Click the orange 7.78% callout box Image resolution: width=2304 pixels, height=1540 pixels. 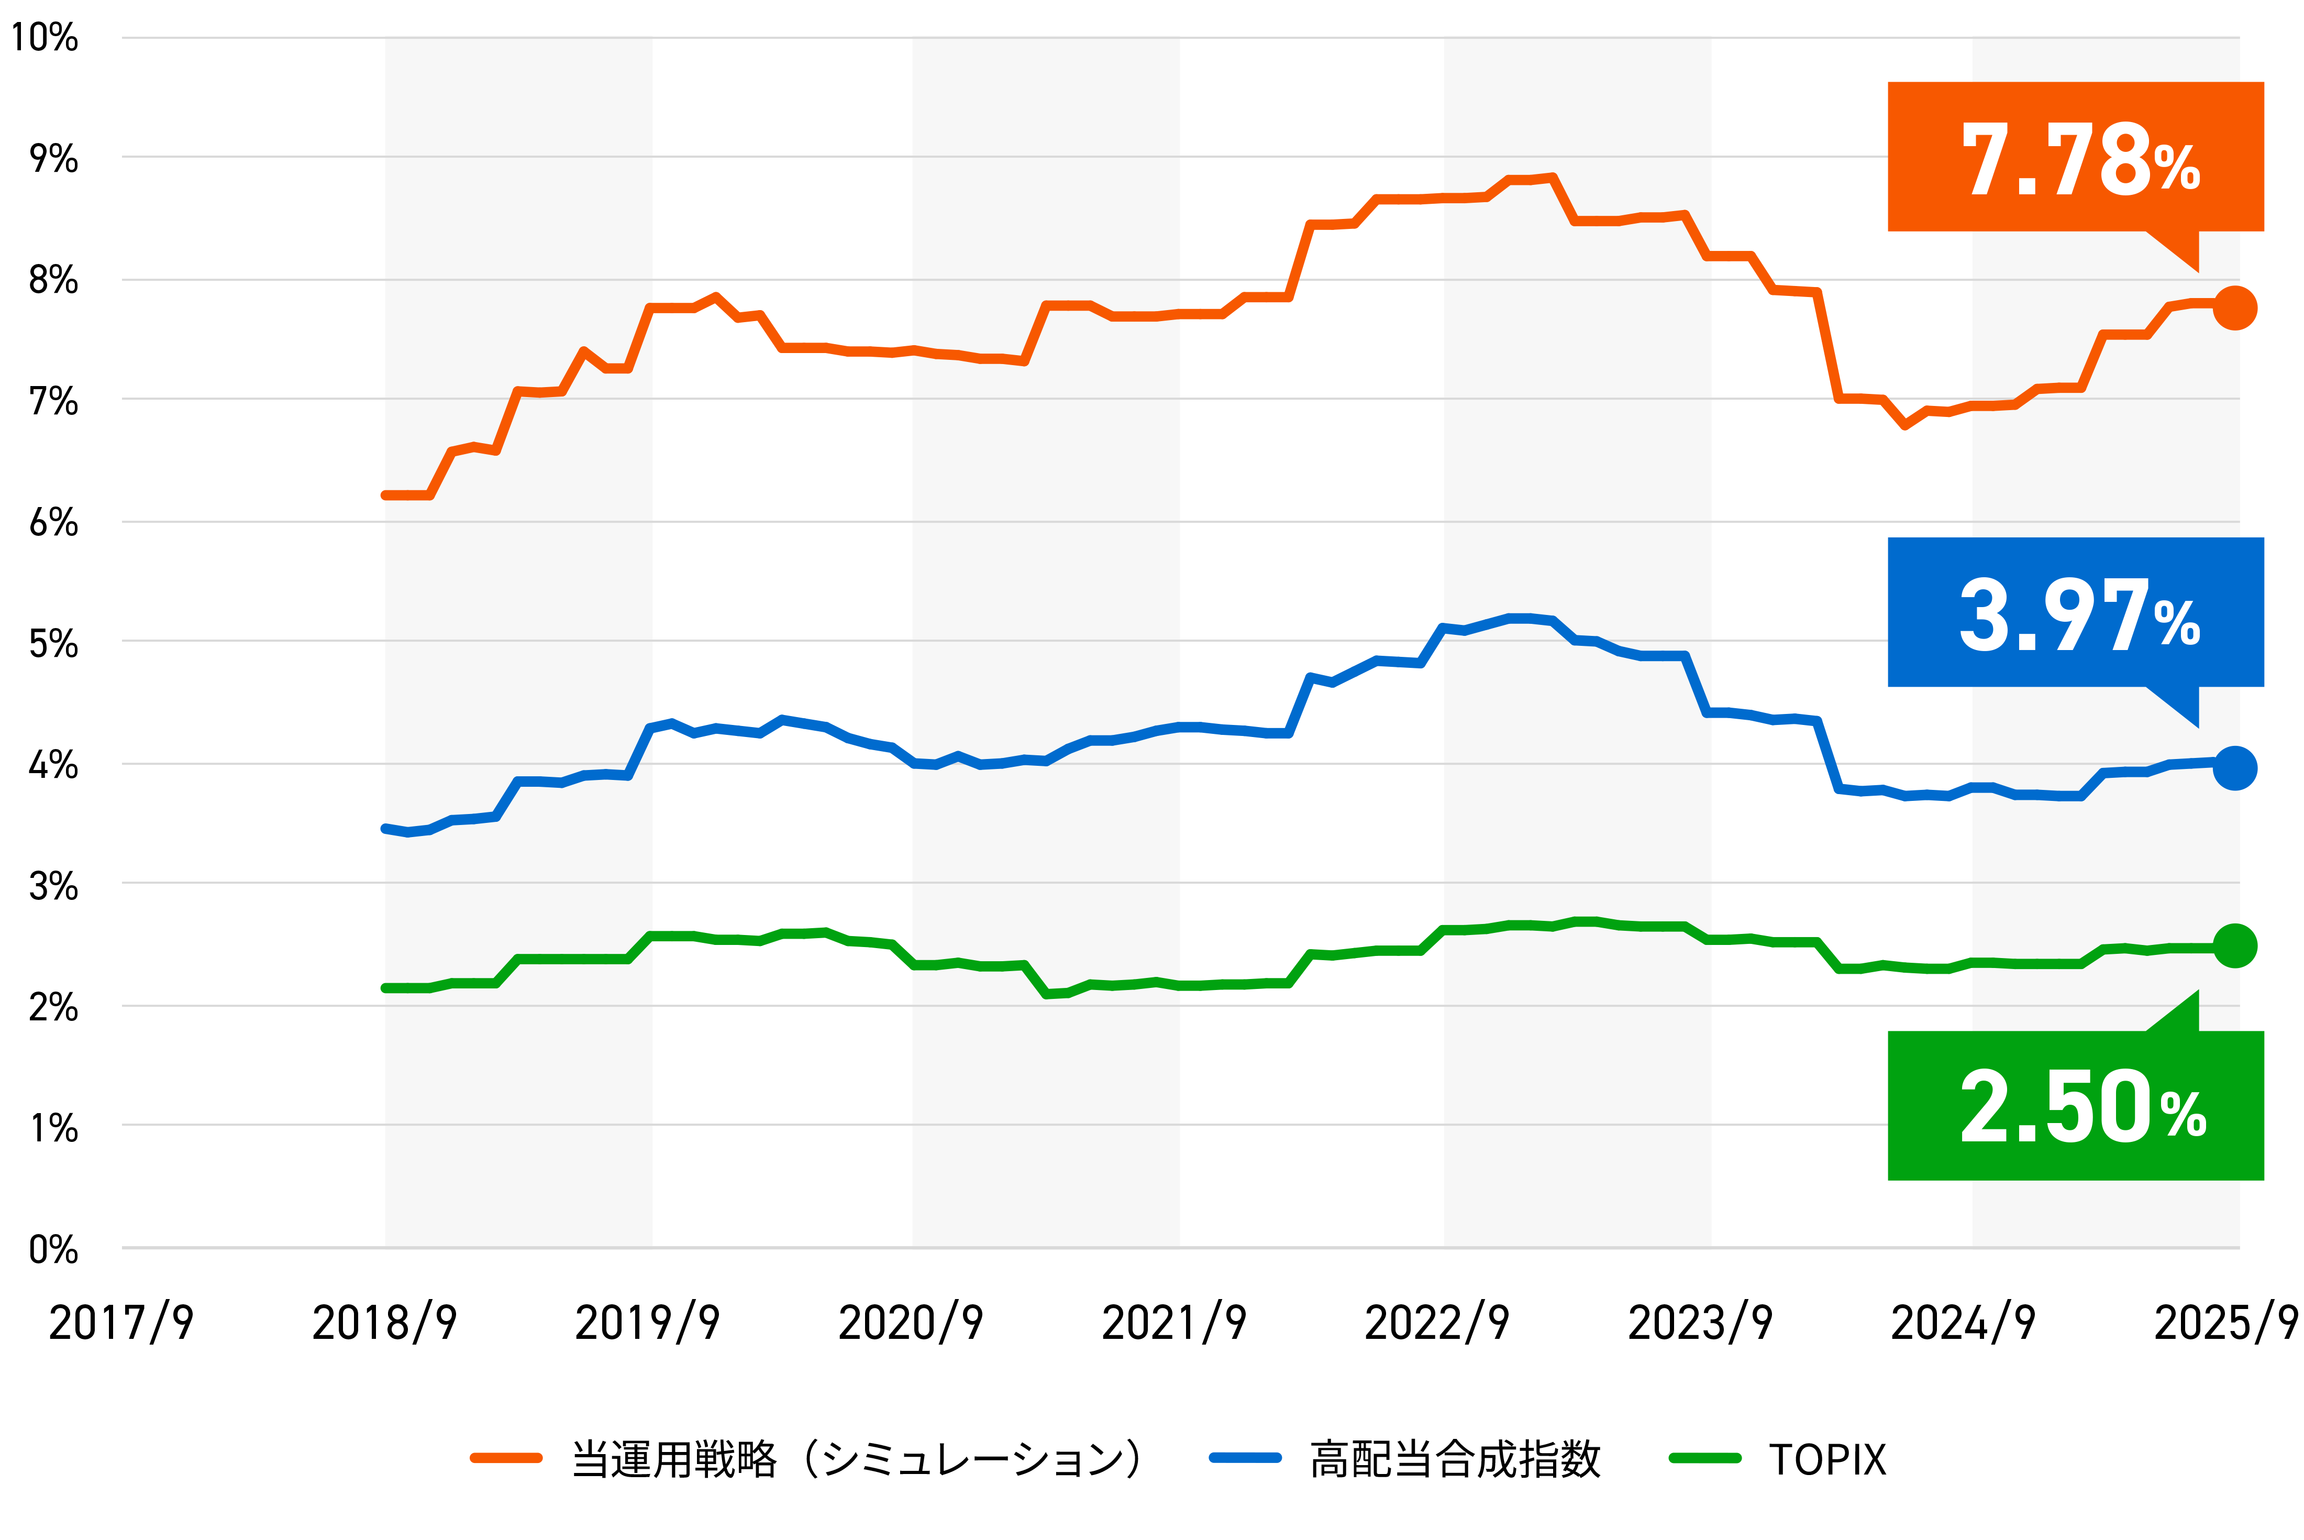2074,157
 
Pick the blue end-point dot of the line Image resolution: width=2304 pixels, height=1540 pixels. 2234,768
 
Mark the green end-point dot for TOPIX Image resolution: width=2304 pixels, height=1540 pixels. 2234,946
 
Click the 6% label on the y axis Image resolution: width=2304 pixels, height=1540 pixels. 53,523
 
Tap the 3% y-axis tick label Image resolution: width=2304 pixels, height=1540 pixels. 53,886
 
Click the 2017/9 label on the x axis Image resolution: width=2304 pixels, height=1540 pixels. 121,1322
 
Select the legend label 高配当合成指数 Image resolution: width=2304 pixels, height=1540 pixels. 1455,1459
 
